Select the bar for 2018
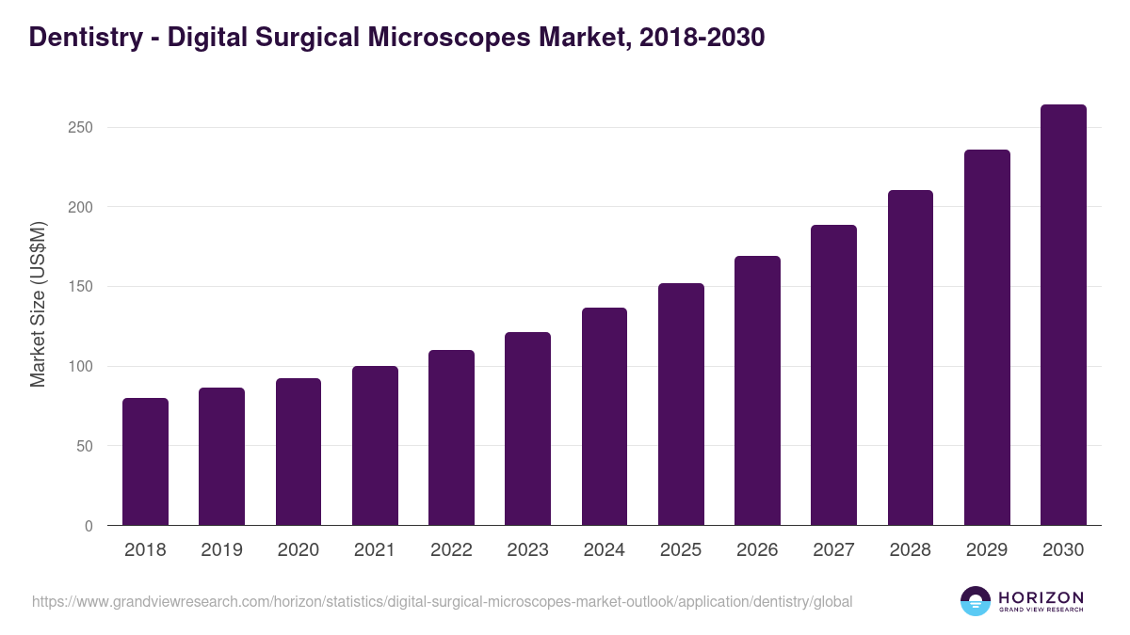point(145,462)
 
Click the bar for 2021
point(375,446)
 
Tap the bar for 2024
point(605,417)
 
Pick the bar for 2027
point(833,375)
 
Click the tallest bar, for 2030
point(1063,315)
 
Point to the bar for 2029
point(987,338)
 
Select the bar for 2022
point(451,437)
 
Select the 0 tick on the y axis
point(89,526)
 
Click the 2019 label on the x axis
point(221,550)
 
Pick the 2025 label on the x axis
point(681,550)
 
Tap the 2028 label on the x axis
point(910,550)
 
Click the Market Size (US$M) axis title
point(38,303)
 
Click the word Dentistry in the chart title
point(85,38)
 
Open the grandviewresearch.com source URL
point(442,601)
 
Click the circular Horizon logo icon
point(976,601)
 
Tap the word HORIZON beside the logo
point(1041,596)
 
